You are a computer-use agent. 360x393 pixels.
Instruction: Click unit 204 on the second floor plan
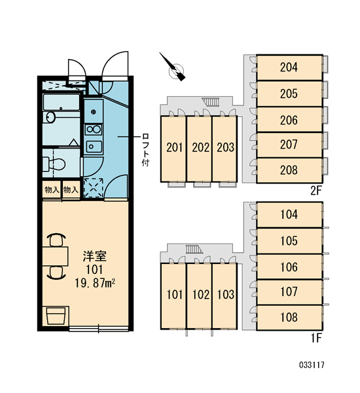click(289, 67)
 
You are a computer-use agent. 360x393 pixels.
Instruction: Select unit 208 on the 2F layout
click(289, 170)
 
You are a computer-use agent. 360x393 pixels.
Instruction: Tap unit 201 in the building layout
click(173, 149)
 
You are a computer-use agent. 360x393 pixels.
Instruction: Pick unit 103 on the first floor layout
click(225, 296)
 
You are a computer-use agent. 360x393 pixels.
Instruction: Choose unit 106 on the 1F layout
click(289, 267)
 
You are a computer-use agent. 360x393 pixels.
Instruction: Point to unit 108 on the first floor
click(289, 317)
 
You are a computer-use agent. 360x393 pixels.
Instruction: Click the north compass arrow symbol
click(172, 67)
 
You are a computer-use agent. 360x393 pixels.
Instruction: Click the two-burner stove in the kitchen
click(94, 130)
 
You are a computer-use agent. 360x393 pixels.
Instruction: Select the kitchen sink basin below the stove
click(94, 146)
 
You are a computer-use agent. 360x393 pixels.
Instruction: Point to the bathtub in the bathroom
click(61, 102)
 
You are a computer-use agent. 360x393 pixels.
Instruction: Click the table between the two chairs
click(55, 256)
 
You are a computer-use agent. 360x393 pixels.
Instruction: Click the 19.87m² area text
click(95, 283)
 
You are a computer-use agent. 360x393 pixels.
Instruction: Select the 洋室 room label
click(95, 256)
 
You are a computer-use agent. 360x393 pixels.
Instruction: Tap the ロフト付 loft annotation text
click(145, 150)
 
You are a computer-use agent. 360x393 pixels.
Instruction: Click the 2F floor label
click(315, 191)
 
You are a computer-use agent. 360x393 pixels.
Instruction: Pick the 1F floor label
click(316, 339)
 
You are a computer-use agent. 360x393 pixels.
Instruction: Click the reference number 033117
click(312, 365)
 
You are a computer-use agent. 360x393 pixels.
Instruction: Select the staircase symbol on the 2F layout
click(211, 102)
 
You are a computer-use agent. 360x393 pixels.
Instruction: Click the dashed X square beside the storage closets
click(94, 187)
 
